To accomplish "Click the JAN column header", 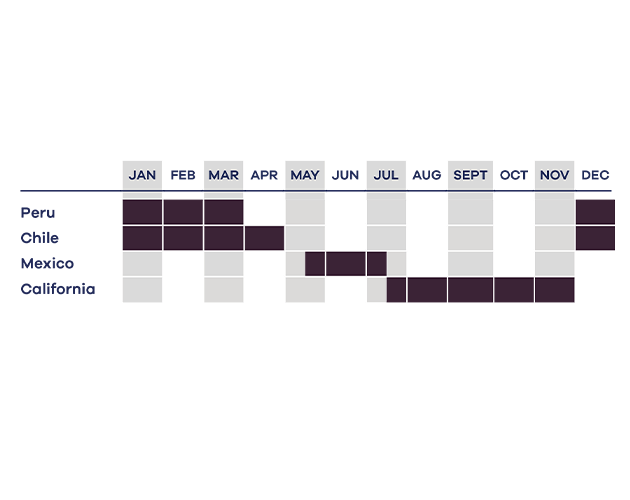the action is (x=142, y=175).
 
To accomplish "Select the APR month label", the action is (x=264, y=175).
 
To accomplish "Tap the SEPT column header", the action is (x=470, y=175).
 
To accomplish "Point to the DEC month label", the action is (x=595, y=175).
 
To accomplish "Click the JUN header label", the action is (x=346, y=175).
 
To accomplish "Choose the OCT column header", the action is (x=513, y=175).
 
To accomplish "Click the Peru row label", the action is (x=38, y=213).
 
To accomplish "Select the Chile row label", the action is (x=39, y=238).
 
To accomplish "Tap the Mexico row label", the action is (x=47, y=264).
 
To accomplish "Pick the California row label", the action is (x=58, y=289).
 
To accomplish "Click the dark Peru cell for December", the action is (x=595, y=212).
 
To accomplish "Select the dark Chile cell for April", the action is (x=264, y=238).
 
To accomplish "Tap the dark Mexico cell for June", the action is (x=346, y=264).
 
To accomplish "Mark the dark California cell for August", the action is (x=427, y=289).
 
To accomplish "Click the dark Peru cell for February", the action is (x=183, y=212).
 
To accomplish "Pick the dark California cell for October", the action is (x=514, y=289).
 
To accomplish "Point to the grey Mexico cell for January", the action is (x=142, y=264).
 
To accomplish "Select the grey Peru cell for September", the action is (x=470, y=212).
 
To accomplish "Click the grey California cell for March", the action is (x=224, y=289).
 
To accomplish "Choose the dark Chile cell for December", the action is (x=595, y=238).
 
